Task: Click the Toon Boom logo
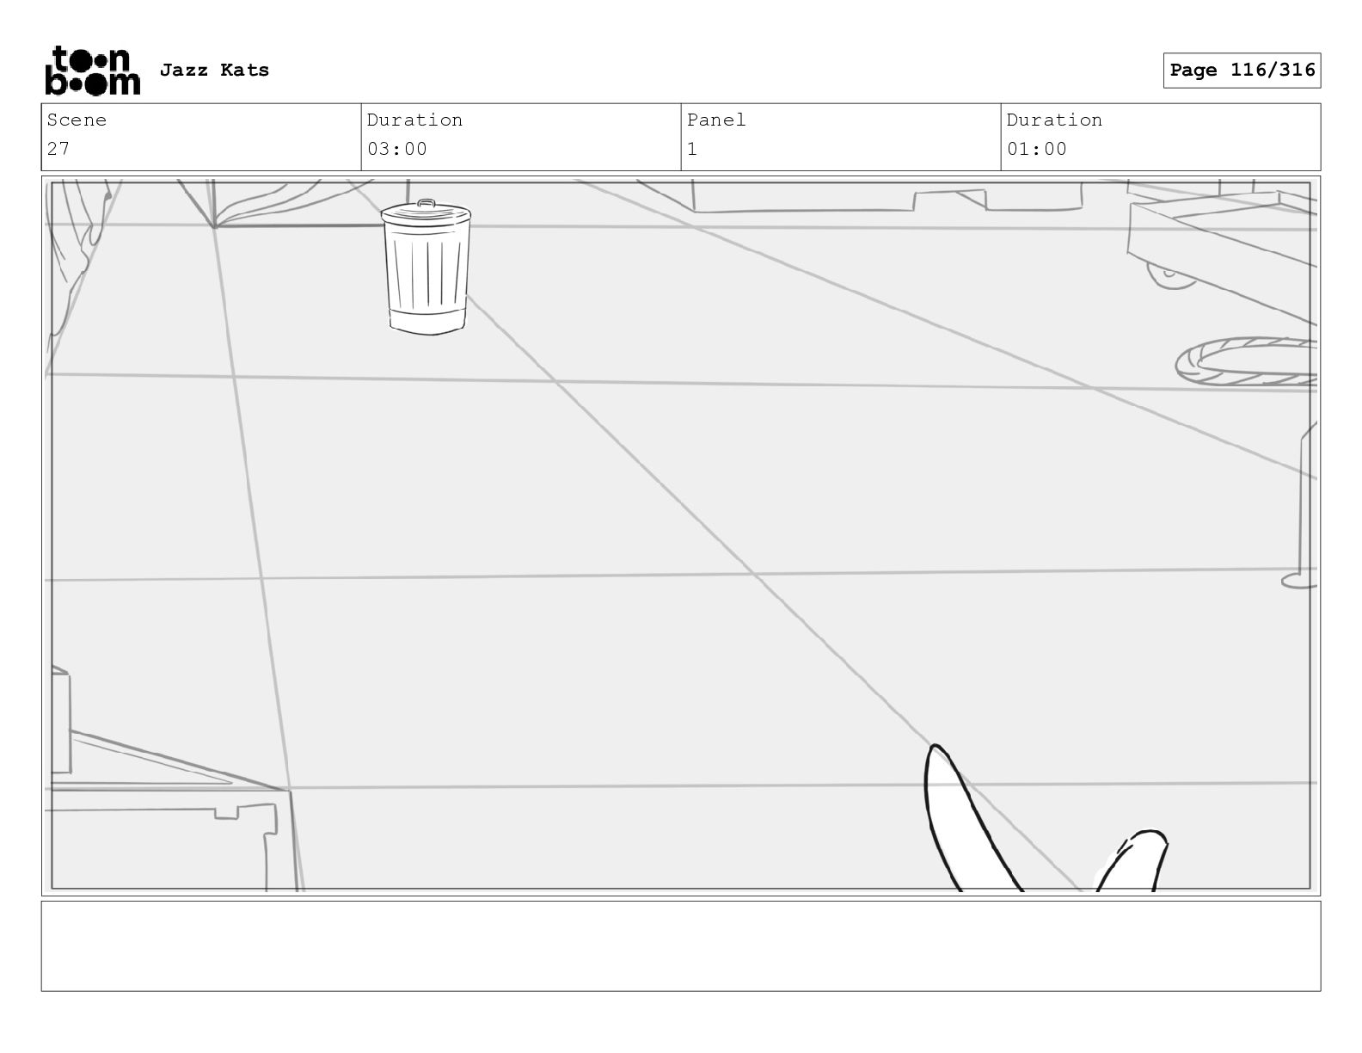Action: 92,71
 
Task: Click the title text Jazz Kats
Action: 214,71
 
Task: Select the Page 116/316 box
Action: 1242,71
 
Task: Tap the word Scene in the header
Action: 77,120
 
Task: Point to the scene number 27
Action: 58,149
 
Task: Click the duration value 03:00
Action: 397,149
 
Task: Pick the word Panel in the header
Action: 716,120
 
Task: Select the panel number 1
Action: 692,149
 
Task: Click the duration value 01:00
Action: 1037,149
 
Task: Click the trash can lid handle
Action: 426,204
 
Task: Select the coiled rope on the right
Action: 1247,361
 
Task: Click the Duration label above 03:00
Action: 414,120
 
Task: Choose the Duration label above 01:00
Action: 1054,120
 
